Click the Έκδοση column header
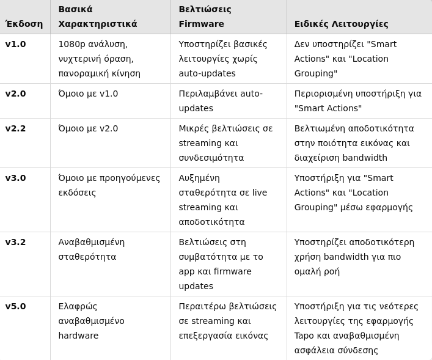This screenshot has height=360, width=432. click(x=24, y=24)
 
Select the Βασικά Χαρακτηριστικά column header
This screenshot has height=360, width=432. click(x=98, y=17)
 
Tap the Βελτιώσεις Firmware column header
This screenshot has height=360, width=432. click(x=205, y=17)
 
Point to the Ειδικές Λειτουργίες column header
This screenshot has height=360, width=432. click(x=341, y=24)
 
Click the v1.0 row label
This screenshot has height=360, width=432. click(x=16, y=44)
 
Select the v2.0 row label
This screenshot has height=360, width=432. click(x=16, y=94)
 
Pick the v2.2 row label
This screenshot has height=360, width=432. click(x=16, y=128)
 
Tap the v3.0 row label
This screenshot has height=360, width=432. click(x=16, y=178)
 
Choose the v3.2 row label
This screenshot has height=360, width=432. click(x=16, y=242)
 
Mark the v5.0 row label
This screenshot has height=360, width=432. click(x=16, y=306)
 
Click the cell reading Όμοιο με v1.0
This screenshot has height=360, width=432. click(x=88, y=94)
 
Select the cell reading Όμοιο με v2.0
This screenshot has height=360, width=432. click(x=88, y=128)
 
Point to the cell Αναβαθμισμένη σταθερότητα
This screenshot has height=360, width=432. click(x=91, y=249)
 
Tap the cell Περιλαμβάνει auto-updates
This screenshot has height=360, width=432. click(x=221, y=101)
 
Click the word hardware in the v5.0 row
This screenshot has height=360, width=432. click(x=78, y=336)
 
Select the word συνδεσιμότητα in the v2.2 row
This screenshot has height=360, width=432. click(x=211, y=158)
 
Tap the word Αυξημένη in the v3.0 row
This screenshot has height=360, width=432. click(x=199, y=178)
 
